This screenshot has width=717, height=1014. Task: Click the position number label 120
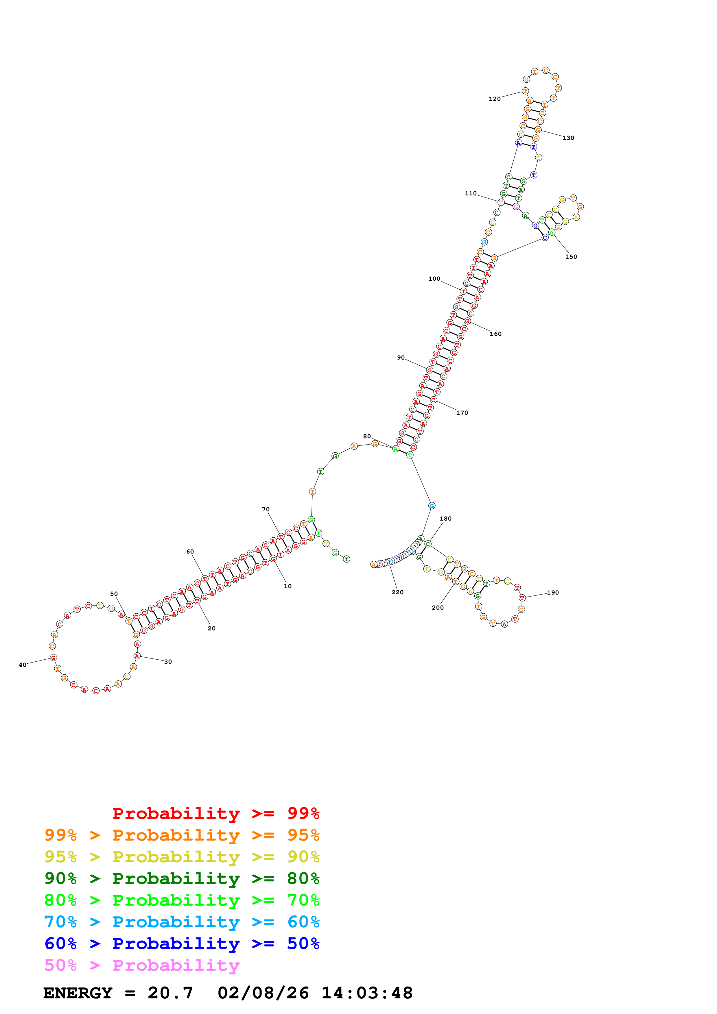494,99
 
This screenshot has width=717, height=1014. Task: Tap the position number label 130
568,138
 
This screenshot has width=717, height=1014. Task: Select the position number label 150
571,257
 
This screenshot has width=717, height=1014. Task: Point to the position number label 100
434,279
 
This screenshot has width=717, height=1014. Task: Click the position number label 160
495,334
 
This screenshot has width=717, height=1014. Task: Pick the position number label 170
462,413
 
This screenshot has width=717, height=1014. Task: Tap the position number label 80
367,436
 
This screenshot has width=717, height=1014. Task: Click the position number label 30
168,662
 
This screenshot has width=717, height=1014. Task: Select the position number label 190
553,593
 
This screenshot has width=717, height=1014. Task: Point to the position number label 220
397,592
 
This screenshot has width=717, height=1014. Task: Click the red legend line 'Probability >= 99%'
215,813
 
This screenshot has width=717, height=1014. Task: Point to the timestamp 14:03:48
367,993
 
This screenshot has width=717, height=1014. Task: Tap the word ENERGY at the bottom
78,993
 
